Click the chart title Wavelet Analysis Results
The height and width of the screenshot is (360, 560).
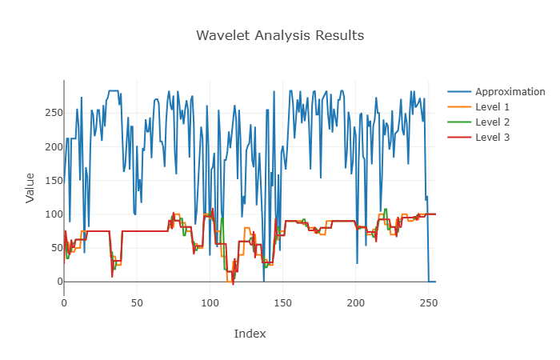pyautogui.click(x=280, y=36)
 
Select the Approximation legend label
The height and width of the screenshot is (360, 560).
pyautogui.click(x=510, y=91)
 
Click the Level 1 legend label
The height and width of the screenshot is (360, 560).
pyautogui.click(x=492, y=106)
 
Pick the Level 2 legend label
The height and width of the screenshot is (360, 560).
pyautogui.click(x=492, y=122)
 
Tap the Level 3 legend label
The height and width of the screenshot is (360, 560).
pyautogui.click(x=492, y=138)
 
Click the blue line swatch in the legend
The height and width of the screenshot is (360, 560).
pyautogui.click(x=459, y=91)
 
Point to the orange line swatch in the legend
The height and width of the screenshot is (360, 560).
pyautogui.click(x=459, y=106)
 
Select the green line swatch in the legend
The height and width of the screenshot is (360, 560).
pyautogui.click(x=459, y=122)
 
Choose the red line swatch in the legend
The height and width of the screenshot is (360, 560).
pyautogui.click(x=459, y=138)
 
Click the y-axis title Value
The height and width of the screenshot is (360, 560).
pyautogui.click(x=30, y=187)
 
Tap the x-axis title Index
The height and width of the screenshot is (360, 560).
pyautogui.click(x=250, y=334)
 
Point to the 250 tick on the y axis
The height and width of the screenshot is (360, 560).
pyautogui.click(x=49, y=113)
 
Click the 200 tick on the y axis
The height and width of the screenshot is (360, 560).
pyautogui.click(x=49, y=146)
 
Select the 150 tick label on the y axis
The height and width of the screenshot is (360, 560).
pyautogui.click(x=49, y=181)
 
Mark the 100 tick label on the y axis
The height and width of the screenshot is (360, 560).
pyautogui.click(x=49, y=214)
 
